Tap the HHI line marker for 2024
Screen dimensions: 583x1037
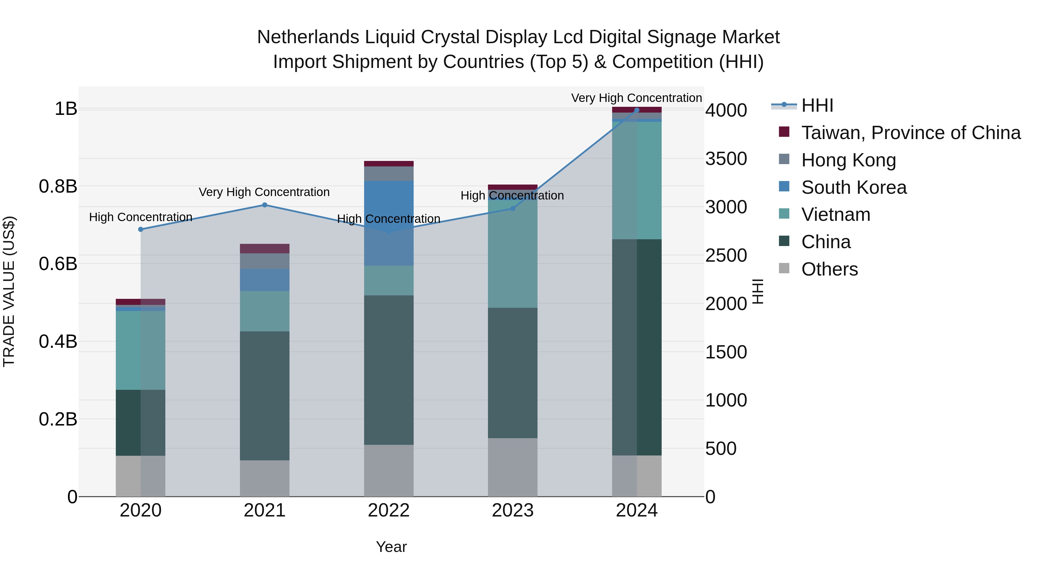[636, 110]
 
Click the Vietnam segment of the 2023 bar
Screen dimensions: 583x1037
[512, 253]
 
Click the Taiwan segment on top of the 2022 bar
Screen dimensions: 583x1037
[389, 163]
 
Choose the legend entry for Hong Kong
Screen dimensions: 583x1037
[848, 160]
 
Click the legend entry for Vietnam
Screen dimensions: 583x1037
[835, 214]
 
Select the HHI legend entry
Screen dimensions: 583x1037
[817, 105]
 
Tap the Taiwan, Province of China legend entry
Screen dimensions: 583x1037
[911, 133]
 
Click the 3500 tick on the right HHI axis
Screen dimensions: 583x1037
[726, 159]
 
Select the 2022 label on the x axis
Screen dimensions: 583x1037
[389, 510]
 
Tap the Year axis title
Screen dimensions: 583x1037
[391, 547]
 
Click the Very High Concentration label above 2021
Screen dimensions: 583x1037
[264, 192]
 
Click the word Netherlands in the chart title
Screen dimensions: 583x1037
[308, 37]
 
